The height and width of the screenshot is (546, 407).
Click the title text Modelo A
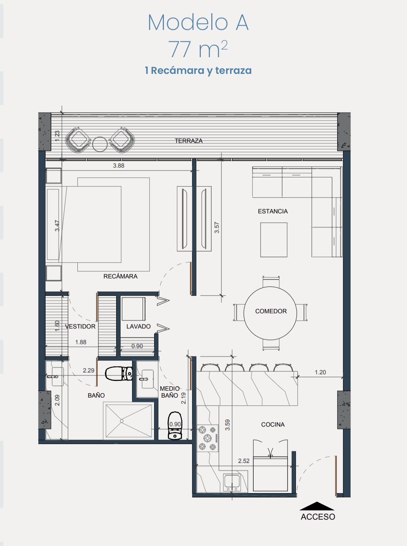coord(198,22)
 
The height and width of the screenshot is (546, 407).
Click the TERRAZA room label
coord(188,141)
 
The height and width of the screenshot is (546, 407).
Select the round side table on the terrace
coord(100,144)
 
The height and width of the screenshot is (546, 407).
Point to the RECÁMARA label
coord(120,276)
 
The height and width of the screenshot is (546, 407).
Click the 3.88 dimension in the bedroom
coord(119,166)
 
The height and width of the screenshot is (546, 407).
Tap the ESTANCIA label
coord(272,211)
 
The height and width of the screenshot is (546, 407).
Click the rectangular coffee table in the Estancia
coord(274,240)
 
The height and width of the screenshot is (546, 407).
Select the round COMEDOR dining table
coord(270,313)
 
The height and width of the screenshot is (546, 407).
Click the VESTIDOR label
coord(80,326)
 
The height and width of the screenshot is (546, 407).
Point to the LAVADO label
coord(139,326)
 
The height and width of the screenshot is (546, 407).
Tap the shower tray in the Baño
coord(129,421)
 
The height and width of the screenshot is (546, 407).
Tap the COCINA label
coord(272,424)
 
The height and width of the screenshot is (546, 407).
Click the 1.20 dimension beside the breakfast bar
coord(320,372)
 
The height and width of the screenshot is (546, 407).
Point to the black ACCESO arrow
coord(317,506)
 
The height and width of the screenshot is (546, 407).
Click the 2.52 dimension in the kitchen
coord(244,461)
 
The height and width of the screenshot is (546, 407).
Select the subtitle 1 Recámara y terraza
coord(198,70)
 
